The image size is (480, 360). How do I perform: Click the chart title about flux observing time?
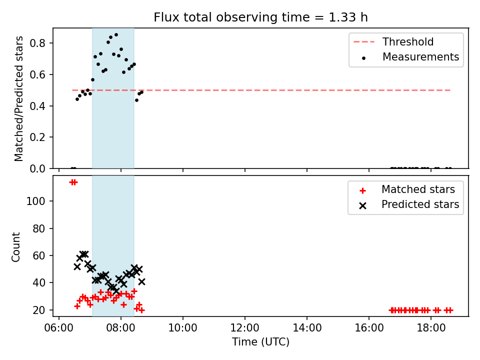click(x=260, y=17)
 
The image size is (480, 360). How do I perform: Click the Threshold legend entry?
click(x=393, y=41)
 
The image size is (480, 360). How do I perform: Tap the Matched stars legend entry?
click(x=407, y=189)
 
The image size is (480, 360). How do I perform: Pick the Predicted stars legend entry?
click(x=409, y=204)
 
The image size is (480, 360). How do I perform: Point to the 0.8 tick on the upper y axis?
click(x=37, y=43)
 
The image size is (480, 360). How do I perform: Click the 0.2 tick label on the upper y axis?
click(x=37, y=137)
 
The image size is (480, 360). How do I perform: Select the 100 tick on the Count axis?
click(x=35, y=201)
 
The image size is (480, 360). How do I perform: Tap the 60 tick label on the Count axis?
click(x=39, y=255)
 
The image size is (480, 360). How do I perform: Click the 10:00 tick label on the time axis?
click(x=183, y=328)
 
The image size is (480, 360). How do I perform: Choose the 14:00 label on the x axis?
click(x=307, y=328)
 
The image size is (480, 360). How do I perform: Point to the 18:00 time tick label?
click(x=431, y=328)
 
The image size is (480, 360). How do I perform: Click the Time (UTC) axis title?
click(x=260, y=341)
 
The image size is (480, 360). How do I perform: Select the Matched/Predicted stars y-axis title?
click(x=18, y=98)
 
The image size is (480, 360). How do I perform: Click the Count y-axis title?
click(x=15, y=247)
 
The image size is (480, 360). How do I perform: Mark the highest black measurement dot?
click(x=116, y=35)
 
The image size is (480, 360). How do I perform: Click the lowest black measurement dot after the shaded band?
click(x=136, y=100)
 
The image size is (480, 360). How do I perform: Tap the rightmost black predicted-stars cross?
click(x=141, y=281)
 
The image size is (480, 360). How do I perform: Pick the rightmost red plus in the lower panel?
click(x=449, y=310)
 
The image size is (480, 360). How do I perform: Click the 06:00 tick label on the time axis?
click(x=59, y=328)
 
